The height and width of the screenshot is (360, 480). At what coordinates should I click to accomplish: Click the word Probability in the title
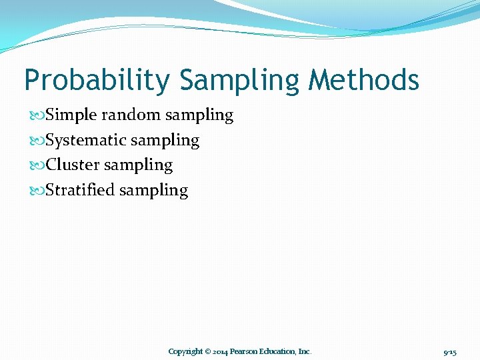[x=97, y=81]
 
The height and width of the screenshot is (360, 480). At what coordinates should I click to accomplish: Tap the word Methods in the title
[x=364, y=80]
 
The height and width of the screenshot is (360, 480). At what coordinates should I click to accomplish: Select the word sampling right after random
[x=199, y=116]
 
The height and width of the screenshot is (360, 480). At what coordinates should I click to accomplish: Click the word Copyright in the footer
[x=185, y=351]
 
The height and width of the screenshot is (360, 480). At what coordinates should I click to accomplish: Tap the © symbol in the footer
[x=208, y=351]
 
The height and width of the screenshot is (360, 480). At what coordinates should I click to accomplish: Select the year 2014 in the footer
[x=221, y=351]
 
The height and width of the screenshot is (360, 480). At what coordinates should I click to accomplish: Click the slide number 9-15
[x=450, y=351]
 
